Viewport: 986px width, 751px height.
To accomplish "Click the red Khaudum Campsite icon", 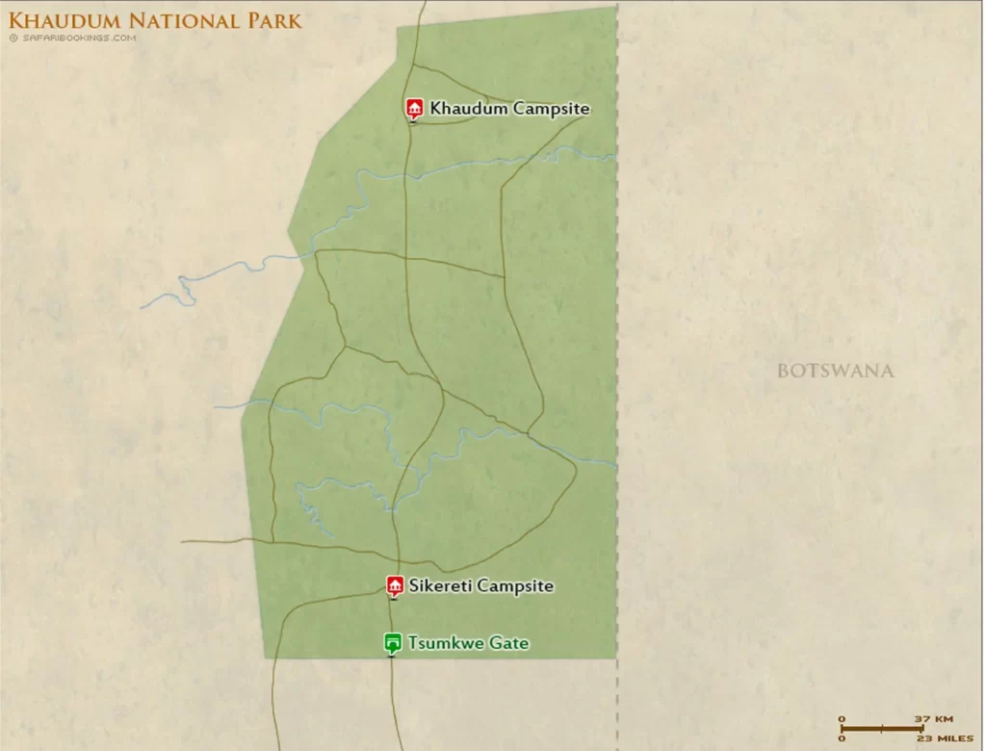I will (x=415, y=107).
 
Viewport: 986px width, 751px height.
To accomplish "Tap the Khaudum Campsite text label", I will (x=509, y=109).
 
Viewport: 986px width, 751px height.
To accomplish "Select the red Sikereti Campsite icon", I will (x=394, y=585).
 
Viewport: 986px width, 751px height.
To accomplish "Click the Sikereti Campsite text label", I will (x=480, y=585).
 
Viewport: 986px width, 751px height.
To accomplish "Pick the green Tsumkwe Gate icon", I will (x=393, y=642).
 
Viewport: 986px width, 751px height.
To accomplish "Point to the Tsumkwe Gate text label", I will (x=468, y=642).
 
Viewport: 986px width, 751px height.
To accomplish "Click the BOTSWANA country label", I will (x=835, y=371).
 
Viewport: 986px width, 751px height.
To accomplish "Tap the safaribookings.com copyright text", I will (x=73, y=39).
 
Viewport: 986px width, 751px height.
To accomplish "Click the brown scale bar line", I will (x=882, y=728).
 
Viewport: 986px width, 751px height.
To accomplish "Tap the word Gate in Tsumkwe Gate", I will (x=509, y=642).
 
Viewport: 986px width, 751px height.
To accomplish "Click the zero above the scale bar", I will (x=842, y=718).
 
